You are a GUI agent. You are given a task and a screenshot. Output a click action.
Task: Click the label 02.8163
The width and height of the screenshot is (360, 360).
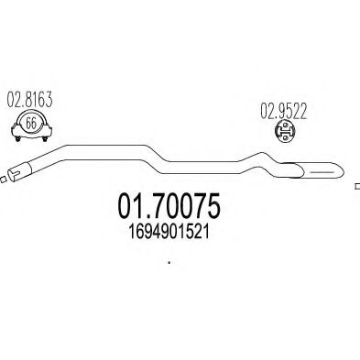[29, 100]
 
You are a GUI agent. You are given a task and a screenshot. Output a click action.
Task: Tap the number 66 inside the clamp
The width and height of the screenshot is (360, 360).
[31, 124]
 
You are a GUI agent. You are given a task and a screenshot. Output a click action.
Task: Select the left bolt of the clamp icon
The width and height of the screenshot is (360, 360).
[18, 138]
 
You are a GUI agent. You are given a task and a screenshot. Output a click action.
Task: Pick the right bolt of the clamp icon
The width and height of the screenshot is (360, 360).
[45, 138]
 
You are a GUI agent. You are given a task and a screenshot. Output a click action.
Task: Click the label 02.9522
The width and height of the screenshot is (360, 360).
[283, 111]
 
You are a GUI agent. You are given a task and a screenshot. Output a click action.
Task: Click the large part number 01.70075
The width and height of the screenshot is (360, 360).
[169, 205]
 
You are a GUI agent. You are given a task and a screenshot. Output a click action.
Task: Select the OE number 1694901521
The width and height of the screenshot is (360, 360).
[169, 233]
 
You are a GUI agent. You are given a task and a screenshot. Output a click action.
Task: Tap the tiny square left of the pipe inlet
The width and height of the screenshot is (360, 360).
[3, 180]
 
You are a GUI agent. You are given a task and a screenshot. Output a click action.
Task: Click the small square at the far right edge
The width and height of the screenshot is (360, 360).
[357, 186]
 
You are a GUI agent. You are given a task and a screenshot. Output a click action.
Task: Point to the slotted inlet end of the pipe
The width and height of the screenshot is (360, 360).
[16, 173]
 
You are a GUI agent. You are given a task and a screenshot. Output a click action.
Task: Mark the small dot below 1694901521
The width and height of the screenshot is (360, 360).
[169, 262]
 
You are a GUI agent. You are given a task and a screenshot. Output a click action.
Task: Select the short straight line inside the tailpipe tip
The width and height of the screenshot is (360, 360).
[322, 172]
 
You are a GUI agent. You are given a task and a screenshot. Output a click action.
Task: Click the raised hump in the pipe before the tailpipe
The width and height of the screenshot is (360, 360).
[260, 160]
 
